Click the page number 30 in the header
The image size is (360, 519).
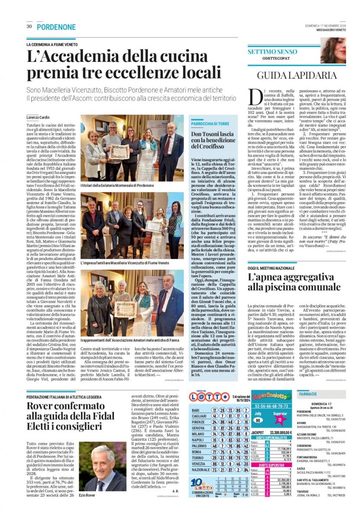[x=29, y=27]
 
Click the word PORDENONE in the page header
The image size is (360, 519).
[x=56, y=27]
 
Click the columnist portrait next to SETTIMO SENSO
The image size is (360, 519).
[x=333, y=51]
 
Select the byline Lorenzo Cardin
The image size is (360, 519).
[x=38, y=118]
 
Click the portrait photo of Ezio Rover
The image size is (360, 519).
[x=103, y=467]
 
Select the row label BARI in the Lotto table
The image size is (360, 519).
[x=196, y=410]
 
